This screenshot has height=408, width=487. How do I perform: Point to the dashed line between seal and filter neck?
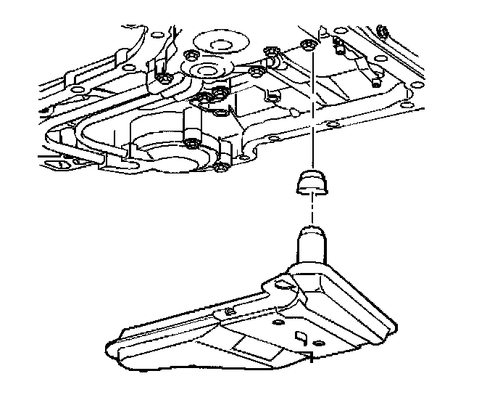[x=312, y=211]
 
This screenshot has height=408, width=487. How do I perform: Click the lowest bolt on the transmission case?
[x=219, y=170]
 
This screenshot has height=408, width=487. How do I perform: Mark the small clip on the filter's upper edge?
[x=230, y=312]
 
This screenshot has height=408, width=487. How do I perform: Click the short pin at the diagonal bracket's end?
[x=375, y=82]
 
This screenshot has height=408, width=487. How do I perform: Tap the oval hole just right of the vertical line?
[x=330, y=125]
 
